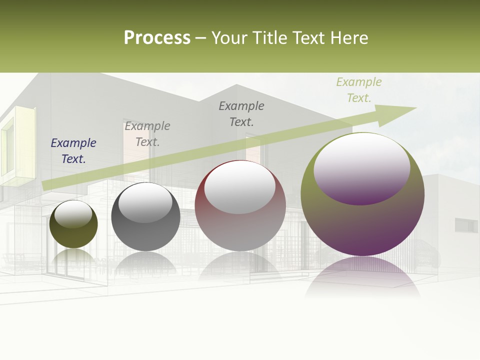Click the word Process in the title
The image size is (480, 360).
pos(157,38)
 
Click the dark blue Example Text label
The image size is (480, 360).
pos(73,151)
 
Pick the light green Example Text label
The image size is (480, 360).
pos(358,90)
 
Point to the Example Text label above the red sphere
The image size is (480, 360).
pos(241,114)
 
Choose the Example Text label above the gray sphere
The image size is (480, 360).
pos(147,134)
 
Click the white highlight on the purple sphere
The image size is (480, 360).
pos(362,168)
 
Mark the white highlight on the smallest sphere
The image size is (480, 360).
pos(73,214)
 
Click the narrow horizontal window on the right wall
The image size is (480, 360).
pos(466,225)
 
